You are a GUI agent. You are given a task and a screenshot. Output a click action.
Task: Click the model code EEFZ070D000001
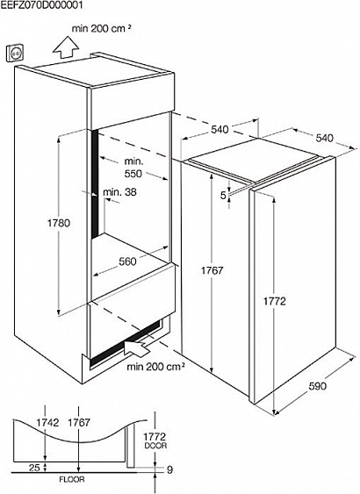(x=42, y=4)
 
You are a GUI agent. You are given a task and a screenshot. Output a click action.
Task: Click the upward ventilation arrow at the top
(x=66, y=47)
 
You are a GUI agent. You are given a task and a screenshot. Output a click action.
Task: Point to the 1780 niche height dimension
(x=59, y=223)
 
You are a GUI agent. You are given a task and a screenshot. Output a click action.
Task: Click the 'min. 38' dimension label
(x=120, y=191)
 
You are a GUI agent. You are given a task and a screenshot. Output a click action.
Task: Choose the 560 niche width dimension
(x=127, y=261)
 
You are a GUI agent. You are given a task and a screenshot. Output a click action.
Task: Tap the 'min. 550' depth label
(x=133, y=168)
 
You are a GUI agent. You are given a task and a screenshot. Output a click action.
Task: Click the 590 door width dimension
(x=318, y=386)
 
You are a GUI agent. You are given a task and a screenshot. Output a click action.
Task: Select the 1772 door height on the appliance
(x=274, y=302)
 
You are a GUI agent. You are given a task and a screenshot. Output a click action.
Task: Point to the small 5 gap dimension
(x=223, y=196)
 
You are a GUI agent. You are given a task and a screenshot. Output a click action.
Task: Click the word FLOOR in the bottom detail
(x=72, y=480)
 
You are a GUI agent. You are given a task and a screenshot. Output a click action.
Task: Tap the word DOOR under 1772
(x=155, y=446)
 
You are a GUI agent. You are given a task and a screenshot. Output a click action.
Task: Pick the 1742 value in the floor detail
(x=47, y=422)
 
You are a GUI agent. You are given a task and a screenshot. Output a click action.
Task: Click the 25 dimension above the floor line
(x=34, y=468)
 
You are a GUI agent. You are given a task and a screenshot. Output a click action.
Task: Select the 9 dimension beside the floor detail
(x=170, y=470)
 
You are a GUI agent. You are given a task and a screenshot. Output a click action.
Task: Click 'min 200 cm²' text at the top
(x=102, y=28)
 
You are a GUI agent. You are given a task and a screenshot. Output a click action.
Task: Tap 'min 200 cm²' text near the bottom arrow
(x=155, y=367)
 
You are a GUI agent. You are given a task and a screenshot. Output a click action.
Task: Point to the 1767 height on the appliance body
(x=212, y=270)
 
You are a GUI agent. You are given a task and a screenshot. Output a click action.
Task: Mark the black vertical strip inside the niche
(x=95, y=184)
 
